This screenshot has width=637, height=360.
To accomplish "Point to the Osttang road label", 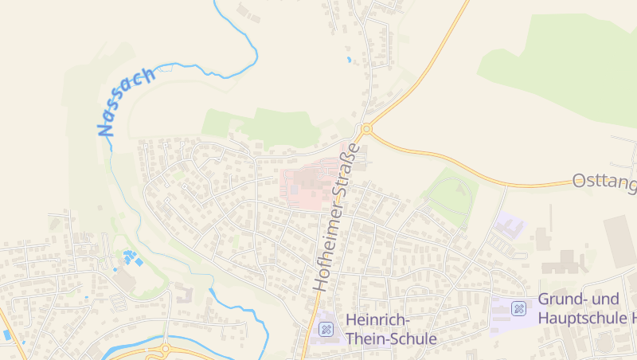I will coord(604,183).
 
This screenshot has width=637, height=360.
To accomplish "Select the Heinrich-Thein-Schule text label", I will coord(391,329).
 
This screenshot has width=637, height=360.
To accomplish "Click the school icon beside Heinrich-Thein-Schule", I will coord(326,328).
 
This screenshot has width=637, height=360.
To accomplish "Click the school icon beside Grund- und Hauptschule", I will coord(519,308).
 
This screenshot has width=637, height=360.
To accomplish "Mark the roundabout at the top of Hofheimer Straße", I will coord(366,128).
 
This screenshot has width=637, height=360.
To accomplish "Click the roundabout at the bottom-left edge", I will coord(166,349).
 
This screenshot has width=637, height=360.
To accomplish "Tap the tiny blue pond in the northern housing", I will coord(349,60).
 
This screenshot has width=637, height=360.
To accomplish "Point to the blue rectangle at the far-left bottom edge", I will coord(7,335).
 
